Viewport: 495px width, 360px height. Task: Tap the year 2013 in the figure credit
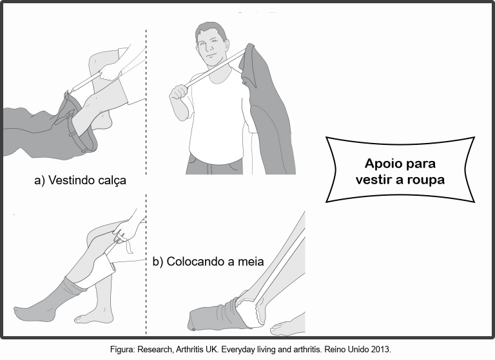coord(382,350)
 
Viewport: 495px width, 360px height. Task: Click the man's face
coord(211,47)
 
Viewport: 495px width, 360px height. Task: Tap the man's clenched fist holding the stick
coord(179,93)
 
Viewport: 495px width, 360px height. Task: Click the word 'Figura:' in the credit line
coord(122,350)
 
